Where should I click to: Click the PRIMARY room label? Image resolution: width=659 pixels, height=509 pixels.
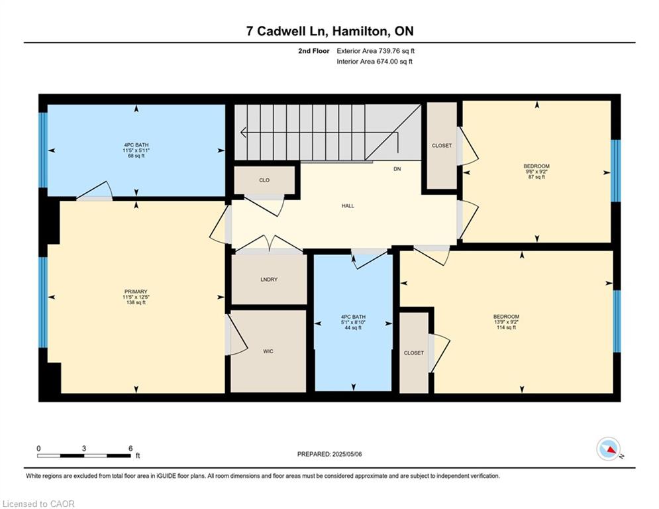(136, 292)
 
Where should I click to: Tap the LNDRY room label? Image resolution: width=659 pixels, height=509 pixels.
(269, 279)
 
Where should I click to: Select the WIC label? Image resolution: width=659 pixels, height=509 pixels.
(268, 351)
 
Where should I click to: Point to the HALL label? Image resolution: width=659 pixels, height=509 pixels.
(348, 205)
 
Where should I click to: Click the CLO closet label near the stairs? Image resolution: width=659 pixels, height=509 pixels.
(264, 180)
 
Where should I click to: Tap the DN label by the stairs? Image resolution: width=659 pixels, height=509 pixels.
(397, 169)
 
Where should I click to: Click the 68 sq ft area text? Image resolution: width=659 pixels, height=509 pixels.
(136, 156)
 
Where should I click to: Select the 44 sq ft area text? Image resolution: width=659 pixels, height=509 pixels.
(353, 327)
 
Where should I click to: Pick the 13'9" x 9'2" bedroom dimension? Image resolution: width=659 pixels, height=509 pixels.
(507, 322)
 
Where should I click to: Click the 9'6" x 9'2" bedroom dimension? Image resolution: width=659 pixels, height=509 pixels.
(536, 172)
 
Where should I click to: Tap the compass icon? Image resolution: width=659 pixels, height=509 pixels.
(609, 449)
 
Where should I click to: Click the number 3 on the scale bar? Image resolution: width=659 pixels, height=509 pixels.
(84, 449)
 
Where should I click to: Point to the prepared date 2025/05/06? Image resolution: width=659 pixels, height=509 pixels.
(347, 454)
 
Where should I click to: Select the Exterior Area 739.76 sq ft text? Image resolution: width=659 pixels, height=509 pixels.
(376, 51)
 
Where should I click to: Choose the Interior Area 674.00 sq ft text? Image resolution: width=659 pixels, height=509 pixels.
(374, 62)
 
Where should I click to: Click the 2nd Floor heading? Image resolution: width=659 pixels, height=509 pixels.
(314, 51)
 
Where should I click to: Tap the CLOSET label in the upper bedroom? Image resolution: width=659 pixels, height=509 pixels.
(442, 146)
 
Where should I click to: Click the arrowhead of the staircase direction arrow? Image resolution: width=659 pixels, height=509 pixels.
(242, 133)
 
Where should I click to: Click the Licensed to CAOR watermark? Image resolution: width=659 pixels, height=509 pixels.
(38, 504)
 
